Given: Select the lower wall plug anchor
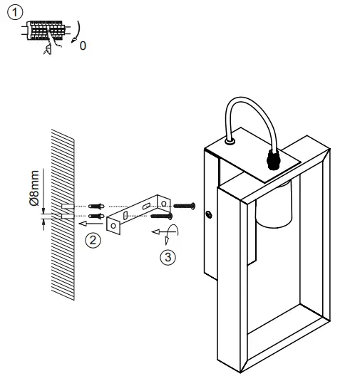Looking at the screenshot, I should [96, 216].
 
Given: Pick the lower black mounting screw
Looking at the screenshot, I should [162, 214].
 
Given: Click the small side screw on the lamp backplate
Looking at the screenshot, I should [208, 214].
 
